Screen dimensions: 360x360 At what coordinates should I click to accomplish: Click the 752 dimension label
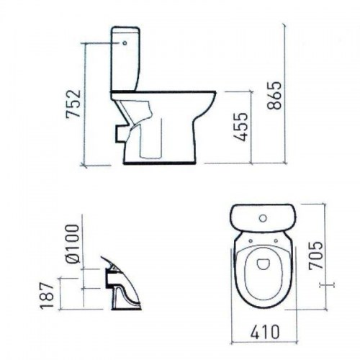(x=73, y=104)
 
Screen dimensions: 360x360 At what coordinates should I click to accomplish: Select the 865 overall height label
(x=274, y=96)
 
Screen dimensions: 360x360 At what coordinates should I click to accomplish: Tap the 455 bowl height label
(x=240, y=127)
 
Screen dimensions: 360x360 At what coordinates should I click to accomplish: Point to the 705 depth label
(x=316, y=256)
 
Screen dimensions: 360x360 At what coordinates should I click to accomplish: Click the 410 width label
(x=265, y=332)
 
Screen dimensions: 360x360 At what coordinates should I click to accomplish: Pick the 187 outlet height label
(x=47, y=296)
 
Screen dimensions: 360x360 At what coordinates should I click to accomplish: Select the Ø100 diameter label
(x=72, y=244)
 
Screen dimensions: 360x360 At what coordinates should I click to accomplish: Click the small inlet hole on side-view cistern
(x=125, y=43)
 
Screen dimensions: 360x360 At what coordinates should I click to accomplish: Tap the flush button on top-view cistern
(x=264, y=218)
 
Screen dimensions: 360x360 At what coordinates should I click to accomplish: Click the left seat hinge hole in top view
(x=251, y=240)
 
